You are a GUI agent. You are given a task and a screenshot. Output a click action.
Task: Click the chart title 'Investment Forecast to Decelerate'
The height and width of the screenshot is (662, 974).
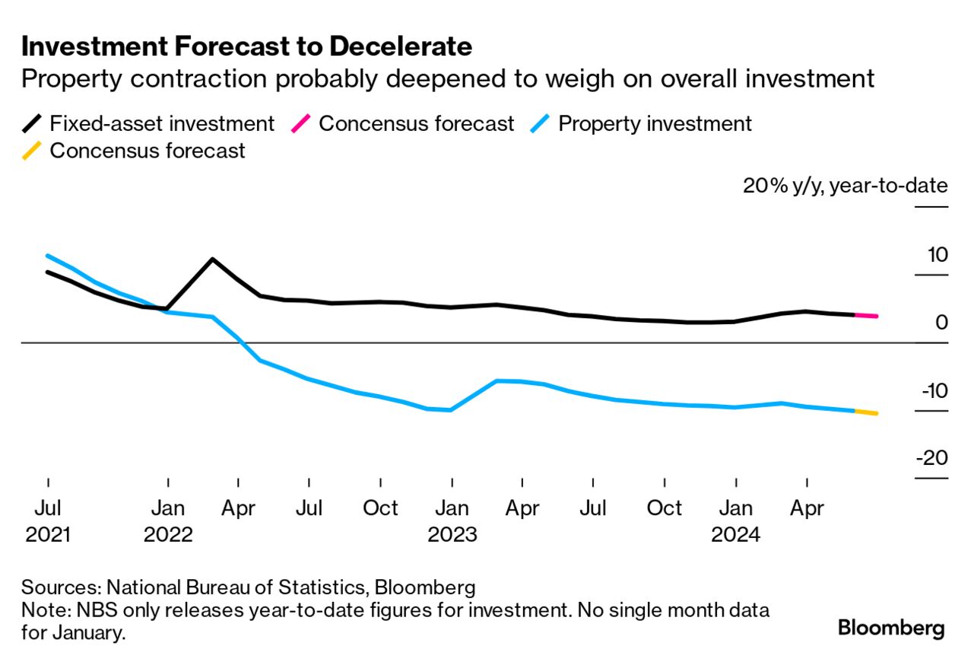pos(246,47)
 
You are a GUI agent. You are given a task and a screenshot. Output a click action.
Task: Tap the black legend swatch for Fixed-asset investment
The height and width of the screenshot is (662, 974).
pos(33,123)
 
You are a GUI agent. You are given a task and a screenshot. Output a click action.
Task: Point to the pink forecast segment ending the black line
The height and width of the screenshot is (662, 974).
pos(867,315)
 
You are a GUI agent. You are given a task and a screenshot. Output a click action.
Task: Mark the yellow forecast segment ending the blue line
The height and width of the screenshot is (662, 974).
pos(867,412)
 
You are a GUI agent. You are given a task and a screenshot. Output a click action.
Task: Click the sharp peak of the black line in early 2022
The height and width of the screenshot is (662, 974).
pos(212,259)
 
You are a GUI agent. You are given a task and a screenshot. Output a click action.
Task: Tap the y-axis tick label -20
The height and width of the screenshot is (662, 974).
pos(931,458)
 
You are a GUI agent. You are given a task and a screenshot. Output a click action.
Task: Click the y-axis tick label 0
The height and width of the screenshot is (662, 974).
pos(941,323)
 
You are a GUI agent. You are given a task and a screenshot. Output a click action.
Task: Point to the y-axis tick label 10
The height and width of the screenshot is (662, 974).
pos(937,255)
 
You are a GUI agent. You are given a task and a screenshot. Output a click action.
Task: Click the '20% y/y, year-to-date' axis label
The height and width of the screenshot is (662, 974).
pos(845,186)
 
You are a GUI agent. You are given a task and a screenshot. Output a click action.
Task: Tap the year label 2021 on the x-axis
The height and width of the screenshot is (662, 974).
pos(48,534)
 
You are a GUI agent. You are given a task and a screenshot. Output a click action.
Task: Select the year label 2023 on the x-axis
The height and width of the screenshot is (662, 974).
pos(452,534)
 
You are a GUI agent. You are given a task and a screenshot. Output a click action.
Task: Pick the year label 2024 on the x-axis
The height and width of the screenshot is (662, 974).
pos(735,534)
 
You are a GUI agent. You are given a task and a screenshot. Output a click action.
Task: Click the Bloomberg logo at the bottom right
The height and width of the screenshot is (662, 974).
pos(891,628)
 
